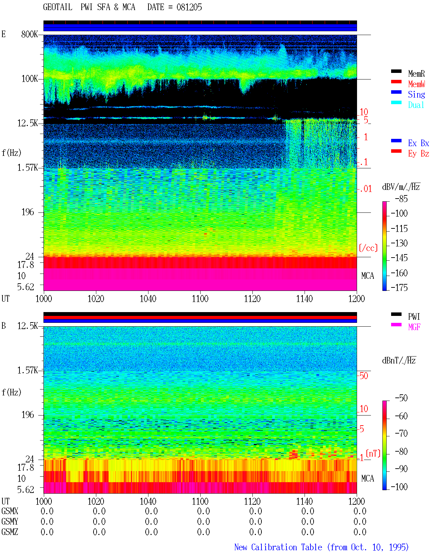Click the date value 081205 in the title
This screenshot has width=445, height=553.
[189, 7]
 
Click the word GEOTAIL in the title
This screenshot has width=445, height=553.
[58, 7]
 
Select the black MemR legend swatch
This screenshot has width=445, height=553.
[396, 71]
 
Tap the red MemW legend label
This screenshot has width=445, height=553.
[416, 84]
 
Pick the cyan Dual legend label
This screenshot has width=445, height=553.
[416, 105]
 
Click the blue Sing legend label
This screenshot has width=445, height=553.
[416, 94]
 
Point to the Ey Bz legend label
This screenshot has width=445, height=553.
[419, 153]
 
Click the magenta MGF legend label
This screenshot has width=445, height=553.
[414, 327]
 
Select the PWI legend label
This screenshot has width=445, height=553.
[414, 316]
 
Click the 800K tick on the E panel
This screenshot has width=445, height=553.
[30, 34]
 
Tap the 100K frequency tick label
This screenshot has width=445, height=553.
[30, 79]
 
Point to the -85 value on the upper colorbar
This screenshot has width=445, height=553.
[401, 199]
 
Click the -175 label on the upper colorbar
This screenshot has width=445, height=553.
[399, 287]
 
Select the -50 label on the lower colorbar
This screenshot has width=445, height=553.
[401, 398]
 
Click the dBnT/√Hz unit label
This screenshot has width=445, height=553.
[399, 361]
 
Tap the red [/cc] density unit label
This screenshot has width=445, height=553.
[368, 248]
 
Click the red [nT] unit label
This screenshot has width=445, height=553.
[373, 453]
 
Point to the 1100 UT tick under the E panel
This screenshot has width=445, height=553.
[200, 299]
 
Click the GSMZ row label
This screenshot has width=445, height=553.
[10, 532]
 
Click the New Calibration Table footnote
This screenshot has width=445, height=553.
[322, 547]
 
